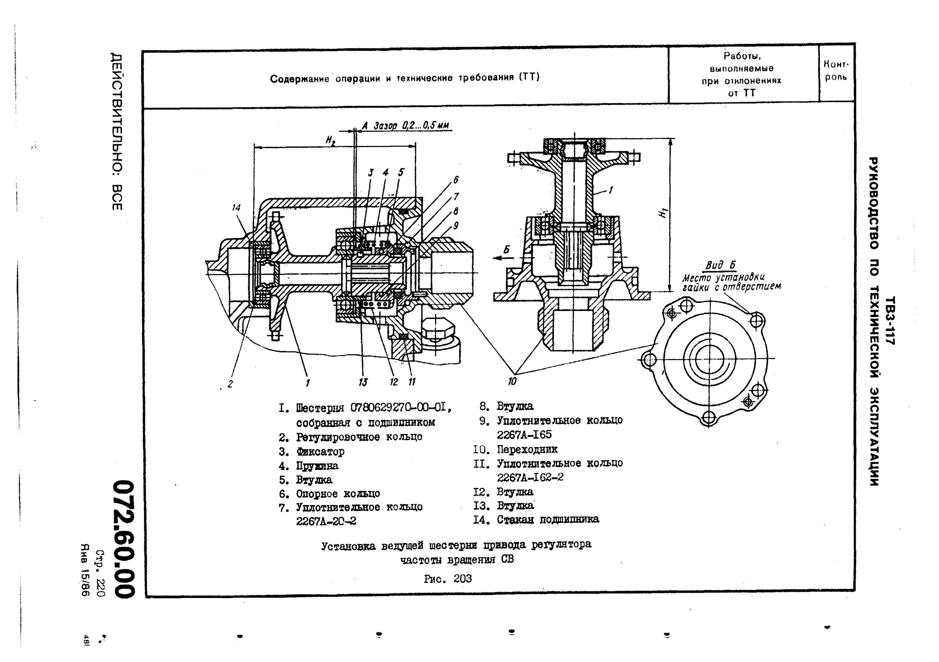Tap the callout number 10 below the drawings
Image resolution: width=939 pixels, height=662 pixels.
512,381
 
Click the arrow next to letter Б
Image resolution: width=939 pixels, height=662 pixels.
501,258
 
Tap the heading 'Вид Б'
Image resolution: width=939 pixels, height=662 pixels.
720,266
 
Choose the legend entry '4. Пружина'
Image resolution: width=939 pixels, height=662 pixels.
309,466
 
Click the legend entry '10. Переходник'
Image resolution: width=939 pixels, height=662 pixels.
515,449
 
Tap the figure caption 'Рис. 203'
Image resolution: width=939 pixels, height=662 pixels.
448,579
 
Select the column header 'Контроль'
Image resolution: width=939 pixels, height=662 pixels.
836,71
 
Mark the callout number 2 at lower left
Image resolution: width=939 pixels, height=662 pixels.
230,384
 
